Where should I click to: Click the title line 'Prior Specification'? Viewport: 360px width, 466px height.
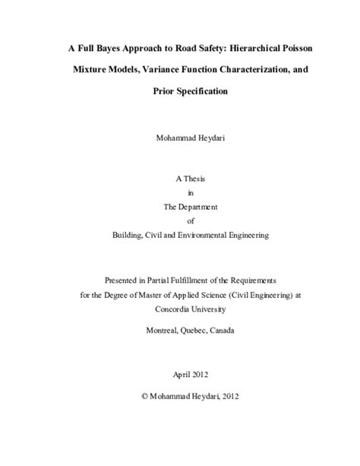pyautogui.click(x=179, y=91)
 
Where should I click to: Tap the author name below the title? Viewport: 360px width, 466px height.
pyautogui.click(x=179, y=139)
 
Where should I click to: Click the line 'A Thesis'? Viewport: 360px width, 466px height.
pyautogui.click(x=179, y=179)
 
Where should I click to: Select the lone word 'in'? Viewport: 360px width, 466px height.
pyautogui.click(x=179, y=193)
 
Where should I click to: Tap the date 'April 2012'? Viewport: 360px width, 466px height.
pyautogui.click(x=179, y=376)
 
